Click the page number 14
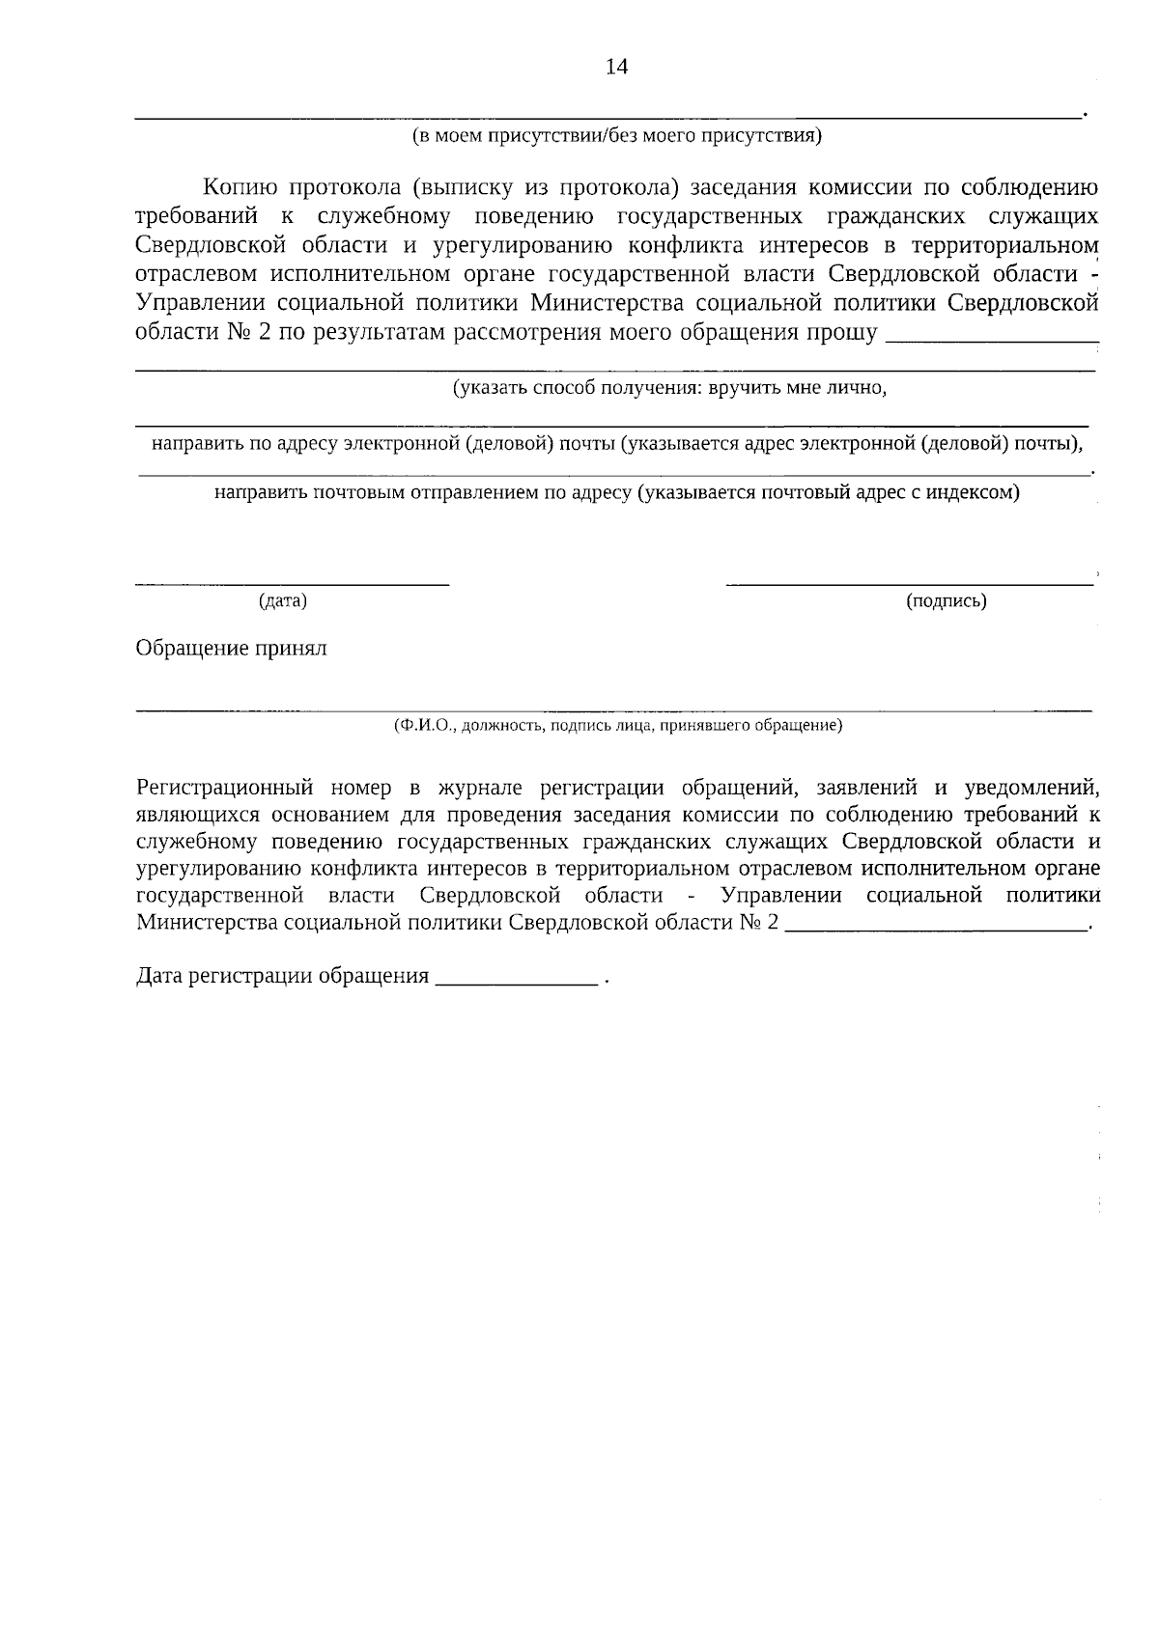(616, 67)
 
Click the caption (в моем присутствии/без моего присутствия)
(616, 135)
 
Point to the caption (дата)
(283, 601)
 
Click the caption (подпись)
(946, 601)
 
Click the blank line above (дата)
(292, 582)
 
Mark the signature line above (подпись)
(909, 582)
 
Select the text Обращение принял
(232, 648)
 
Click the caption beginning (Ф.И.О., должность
(617, 725)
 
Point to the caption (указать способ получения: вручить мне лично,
(669, 388)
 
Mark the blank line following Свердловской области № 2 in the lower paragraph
(936, 929)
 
